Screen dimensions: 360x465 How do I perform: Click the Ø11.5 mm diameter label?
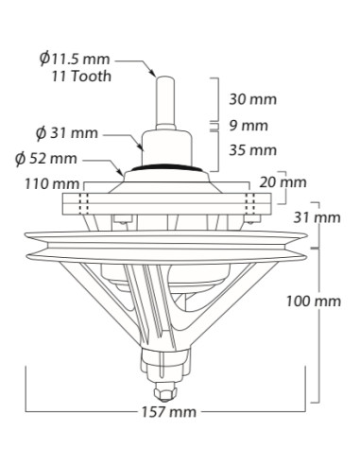[x=75, y=59]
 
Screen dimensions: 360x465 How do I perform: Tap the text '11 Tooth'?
[x=81, y=77]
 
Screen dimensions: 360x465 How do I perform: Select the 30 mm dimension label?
[x=252, y=99]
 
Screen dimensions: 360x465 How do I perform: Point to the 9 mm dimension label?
[x=249, y=126]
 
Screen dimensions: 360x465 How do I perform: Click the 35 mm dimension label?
[x=252, y=150]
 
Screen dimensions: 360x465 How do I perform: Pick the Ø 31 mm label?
[x=67, y=133]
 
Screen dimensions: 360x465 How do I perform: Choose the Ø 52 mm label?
[x=46, y=158]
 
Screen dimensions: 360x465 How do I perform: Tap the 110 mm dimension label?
[x=52, y=183]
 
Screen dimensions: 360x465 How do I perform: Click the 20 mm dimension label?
[x=283, y=182]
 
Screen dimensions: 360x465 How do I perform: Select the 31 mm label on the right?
[x=317, y=217]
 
